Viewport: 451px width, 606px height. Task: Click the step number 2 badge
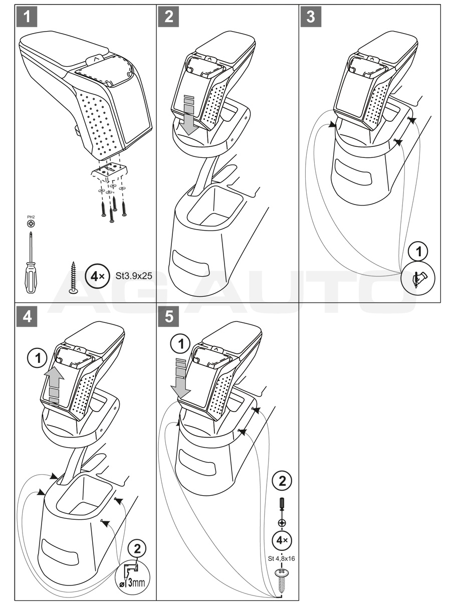point(169,17)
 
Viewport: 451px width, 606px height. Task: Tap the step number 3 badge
point(311,17)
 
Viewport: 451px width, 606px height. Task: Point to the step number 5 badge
point(169,317)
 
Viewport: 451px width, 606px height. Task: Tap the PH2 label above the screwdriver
point(31,218)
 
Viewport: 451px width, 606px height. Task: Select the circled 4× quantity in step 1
point(96,277)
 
